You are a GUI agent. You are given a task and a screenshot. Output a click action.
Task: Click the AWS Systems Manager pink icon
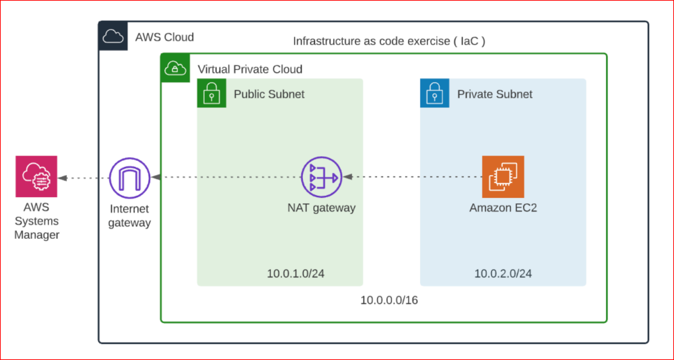pyautogui.click(x=36, y=177)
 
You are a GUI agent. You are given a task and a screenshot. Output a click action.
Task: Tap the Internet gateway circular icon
pyautogui.click(x=129, y=178)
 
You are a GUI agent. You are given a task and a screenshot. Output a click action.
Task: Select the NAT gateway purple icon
pyautogui.click(x=321, y=177)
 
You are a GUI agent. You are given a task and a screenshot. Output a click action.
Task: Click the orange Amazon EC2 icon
pyautogui.click(x=503, y=177)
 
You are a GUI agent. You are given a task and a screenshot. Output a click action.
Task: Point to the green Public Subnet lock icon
pyautogui.click(x=211, y=93)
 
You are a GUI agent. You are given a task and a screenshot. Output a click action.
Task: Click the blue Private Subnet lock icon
pyautogui.click(x=434, y=93)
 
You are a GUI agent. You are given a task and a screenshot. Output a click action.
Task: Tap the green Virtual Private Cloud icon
pyautogui.click(x=175, y=68)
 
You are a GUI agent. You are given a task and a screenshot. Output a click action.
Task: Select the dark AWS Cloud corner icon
pyautogui.click(x=113, y=36)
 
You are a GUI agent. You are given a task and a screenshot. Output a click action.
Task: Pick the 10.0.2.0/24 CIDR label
pyautogui.click(x=503, y=273)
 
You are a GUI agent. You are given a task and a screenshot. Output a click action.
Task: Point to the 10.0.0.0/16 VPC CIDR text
pyautogui.click(x=389, y=300)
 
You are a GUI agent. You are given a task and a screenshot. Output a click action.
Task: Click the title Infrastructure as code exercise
pyautogui.click(x=389, y=41)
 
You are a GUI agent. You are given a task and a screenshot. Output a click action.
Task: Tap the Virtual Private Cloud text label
pyautogui.click(x=250, y=69)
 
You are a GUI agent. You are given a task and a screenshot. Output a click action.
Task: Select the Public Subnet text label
pyautogui.click(x=269, y=94)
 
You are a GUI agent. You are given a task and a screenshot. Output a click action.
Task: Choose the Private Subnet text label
pyautogui.click(x=495, y=94)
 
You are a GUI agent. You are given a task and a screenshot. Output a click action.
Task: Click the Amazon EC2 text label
pyautogui.click(x=503, y=208)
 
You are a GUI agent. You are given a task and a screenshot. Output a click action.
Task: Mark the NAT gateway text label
pyautogui.click(x=321, y=208)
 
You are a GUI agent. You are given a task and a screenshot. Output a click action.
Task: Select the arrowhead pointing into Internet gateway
pyautogui.click(x=156, y=177)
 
